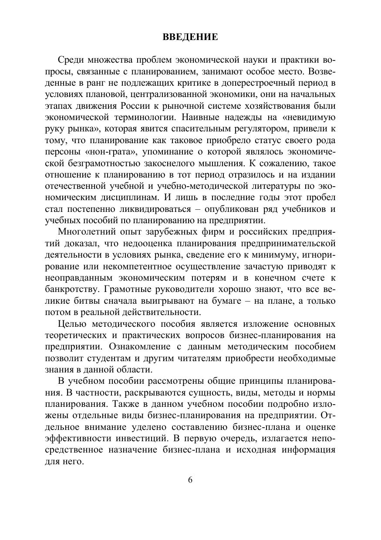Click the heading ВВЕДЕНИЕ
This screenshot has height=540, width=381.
pos(190,37)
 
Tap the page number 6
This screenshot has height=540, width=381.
pos(190,480)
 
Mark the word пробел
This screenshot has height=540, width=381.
pos(320,197)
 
